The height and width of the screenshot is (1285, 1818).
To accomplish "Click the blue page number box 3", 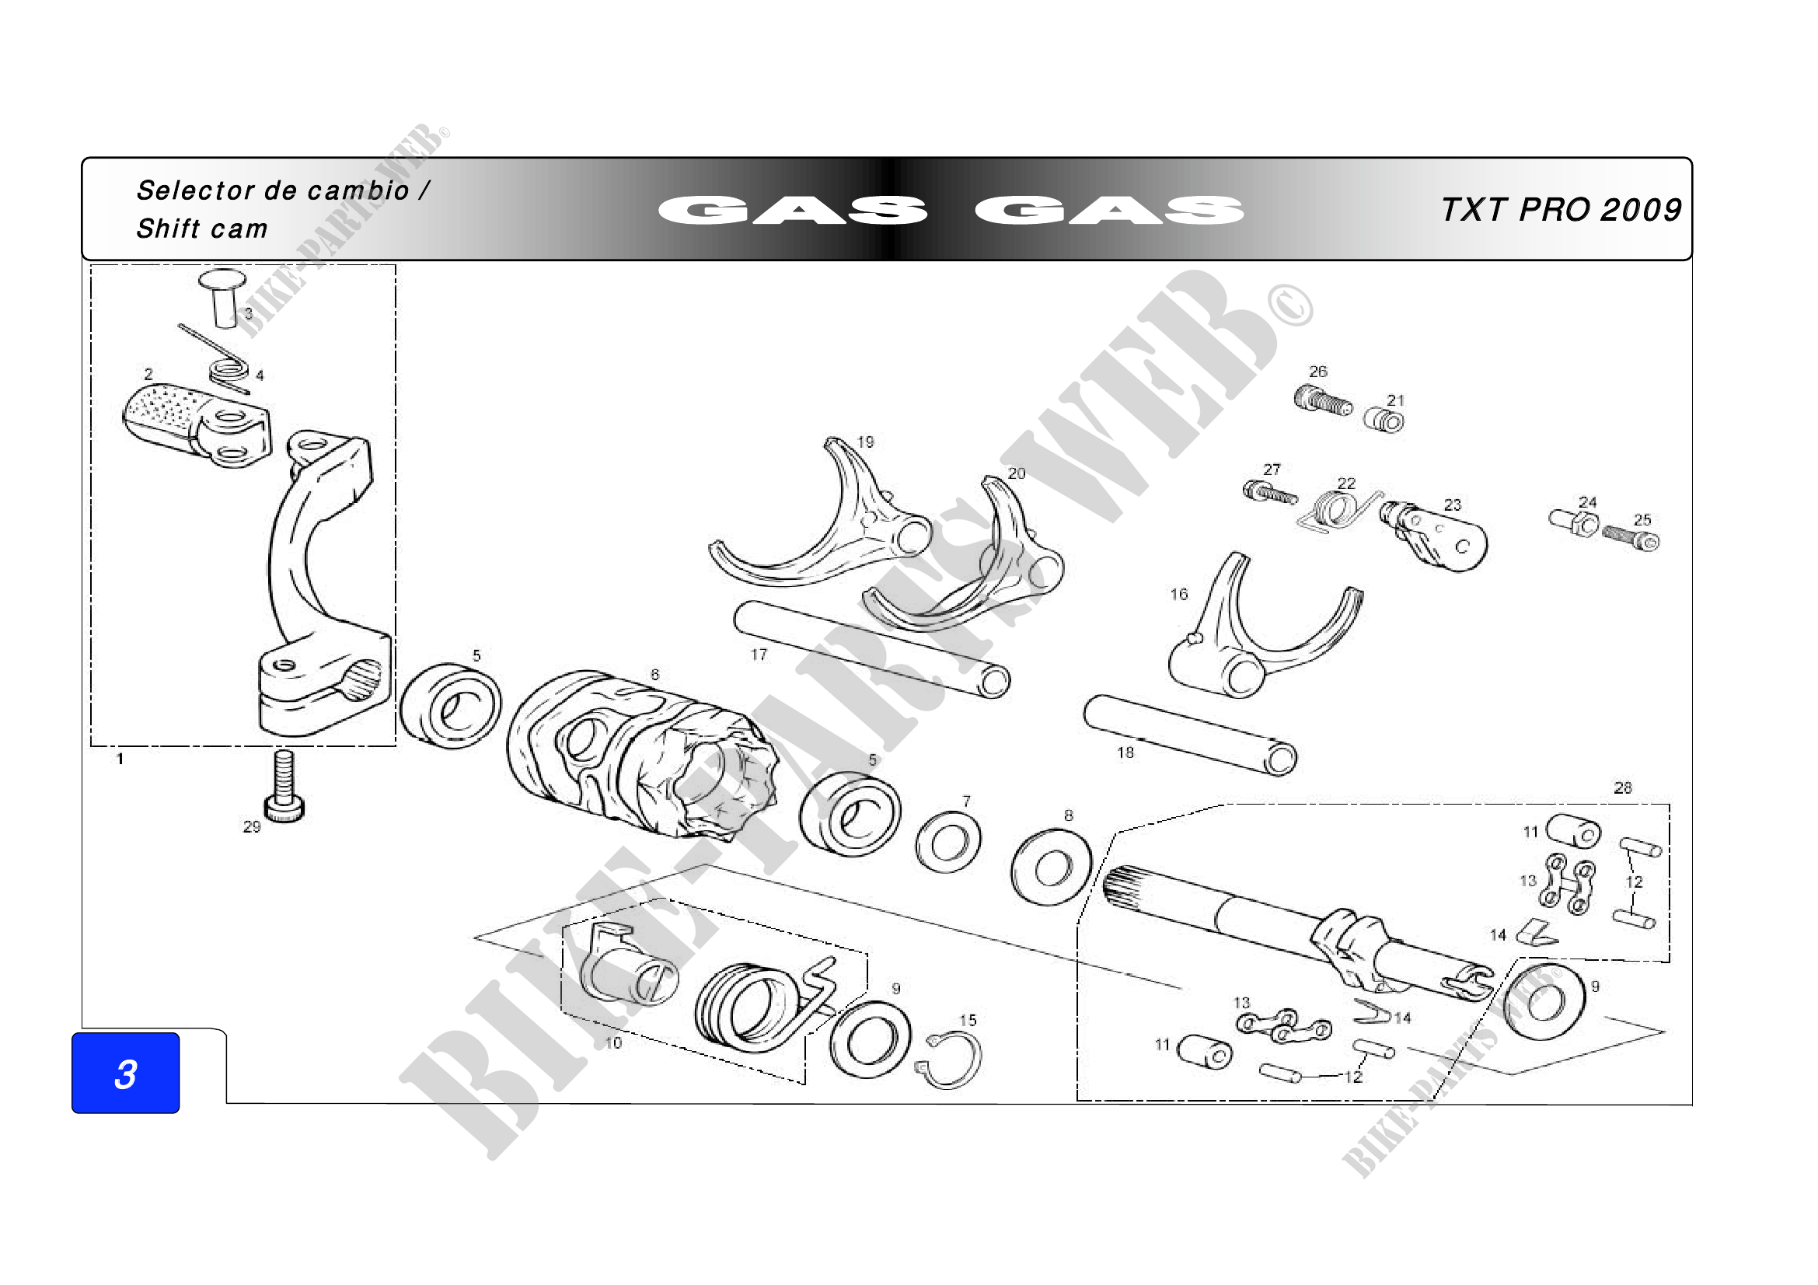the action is [125, 1073].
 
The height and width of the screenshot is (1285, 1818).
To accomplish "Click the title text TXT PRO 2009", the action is [1561, 210].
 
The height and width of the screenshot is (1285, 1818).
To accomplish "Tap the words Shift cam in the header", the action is [202, 229].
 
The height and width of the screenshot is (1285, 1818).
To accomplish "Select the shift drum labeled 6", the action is [642, 756].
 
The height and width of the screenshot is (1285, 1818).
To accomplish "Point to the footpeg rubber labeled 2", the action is [196, 425].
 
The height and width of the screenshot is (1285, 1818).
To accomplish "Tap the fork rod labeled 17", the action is [872, 650].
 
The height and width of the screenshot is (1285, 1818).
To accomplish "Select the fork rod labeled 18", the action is [1190, 735].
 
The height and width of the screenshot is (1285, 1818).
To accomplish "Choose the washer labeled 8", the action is [1052, 867].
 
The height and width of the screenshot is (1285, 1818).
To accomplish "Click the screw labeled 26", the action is [1323, 400].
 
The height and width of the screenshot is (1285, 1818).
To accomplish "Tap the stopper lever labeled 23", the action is [1434, 536].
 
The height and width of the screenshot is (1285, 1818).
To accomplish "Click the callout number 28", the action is [1622, 787].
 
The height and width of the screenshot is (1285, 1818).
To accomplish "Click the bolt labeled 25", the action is [1631, 539].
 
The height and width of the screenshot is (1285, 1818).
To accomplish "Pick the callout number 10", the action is [614, 1043].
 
